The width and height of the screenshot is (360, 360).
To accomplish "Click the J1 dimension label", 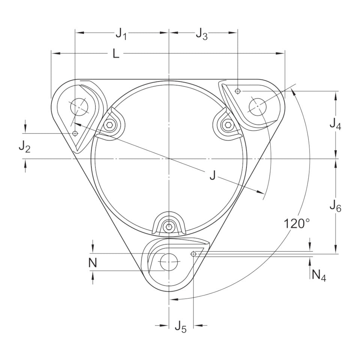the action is [121, 34].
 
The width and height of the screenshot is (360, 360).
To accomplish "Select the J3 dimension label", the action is [202, 34].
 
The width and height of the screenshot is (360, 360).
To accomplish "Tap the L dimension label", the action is [116, 54].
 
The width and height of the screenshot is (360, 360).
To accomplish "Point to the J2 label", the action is [24, 147].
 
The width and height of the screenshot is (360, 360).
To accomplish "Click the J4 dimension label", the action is [335, 124].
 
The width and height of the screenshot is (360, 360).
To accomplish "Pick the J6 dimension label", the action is [335, 206].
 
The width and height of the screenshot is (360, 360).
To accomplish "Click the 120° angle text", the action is [297, 223].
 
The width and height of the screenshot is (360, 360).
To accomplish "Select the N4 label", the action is [319, 274].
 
